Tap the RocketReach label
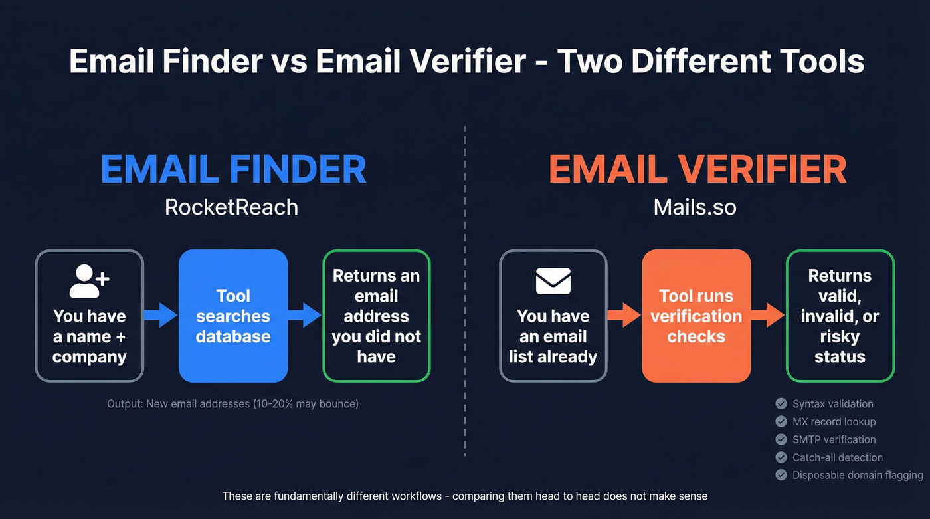231,207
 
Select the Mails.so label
695,207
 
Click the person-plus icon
89,280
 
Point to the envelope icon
553,281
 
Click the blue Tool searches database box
233,316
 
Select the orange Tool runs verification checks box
696,316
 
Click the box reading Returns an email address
376,316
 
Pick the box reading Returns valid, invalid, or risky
840,316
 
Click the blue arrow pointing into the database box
161,315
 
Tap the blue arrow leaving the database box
305,315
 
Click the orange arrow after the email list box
624,315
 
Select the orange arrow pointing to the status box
768,315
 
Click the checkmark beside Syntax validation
781,403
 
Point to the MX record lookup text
834,421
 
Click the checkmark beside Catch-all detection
781,457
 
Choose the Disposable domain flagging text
858,475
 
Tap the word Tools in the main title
819,61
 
